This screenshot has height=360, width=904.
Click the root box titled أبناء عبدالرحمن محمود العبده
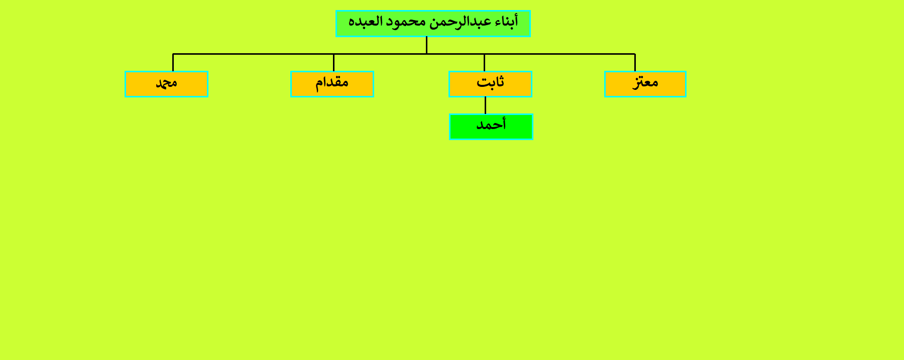point(433,24)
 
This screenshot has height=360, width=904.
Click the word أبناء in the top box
point(506,22)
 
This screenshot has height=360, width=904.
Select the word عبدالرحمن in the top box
point(461,22)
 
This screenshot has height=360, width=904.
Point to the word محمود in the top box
point(406,22)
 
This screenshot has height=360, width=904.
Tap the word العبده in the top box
point(366,22)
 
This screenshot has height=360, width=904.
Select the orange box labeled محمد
point(166,84)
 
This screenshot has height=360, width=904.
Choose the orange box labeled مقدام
point(332,84)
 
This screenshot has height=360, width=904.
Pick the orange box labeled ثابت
point(490,84)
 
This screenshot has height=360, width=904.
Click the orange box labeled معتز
point(645,84)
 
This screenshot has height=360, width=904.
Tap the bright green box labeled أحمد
point(491,127)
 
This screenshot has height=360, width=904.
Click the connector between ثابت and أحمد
point(485,105)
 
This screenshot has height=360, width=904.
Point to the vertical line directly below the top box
point(426,45)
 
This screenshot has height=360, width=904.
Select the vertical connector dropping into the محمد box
point(173,62)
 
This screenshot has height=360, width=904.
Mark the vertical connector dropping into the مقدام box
point(333,62)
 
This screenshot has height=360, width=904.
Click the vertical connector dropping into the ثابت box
point(484,62)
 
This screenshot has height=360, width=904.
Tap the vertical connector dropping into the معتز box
point(635,62)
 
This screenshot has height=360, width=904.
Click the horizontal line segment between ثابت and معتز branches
point(559,54)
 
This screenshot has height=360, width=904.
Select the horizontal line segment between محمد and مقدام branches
point(253,54)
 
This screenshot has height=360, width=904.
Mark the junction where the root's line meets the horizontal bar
point(426,54)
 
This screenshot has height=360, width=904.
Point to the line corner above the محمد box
point(173,54)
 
